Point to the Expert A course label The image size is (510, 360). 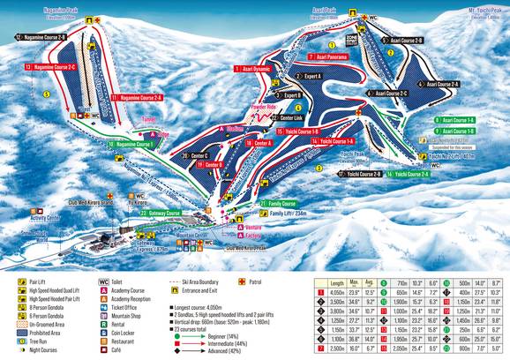click(x=309, y=77)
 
